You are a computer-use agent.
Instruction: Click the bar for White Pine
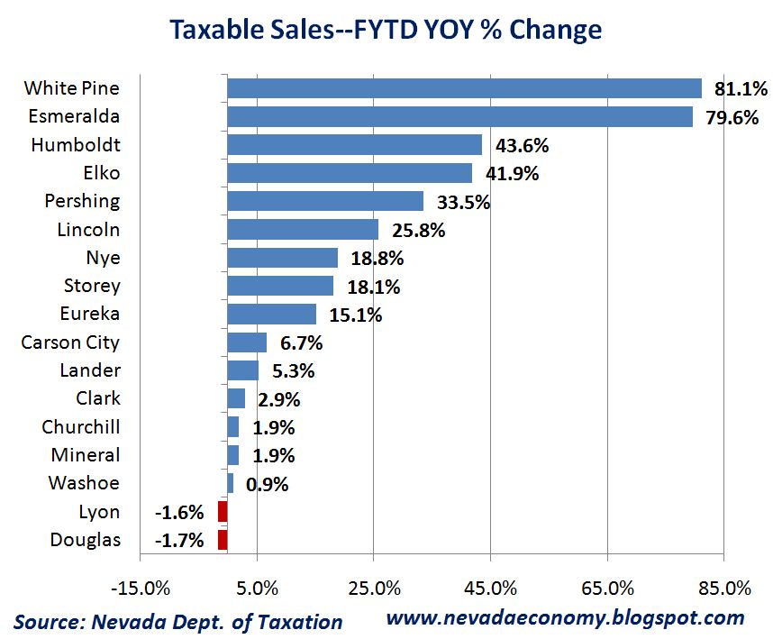point(464,88)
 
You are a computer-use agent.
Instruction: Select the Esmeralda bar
point(459,117)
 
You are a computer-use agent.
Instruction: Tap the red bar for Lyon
point(223,512)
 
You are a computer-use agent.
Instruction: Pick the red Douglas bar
point(223,540)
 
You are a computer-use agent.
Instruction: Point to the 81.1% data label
point(740,88)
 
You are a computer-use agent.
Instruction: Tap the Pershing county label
point(82,201)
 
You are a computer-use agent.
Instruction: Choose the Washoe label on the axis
point(84,483)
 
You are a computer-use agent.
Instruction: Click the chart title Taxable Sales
point(385,29)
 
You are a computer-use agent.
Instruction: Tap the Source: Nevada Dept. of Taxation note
point(178,622)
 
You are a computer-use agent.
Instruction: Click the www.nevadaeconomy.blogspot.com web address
point(565,618)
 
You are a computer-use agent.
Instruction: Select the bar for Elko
point(350,173)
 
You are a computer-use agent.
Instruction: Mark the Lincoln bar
point(303,230)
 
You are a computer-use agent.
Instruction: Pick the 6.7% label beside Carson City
point(301,343)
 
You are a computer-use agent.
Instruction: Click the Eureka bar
point(271,314)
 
